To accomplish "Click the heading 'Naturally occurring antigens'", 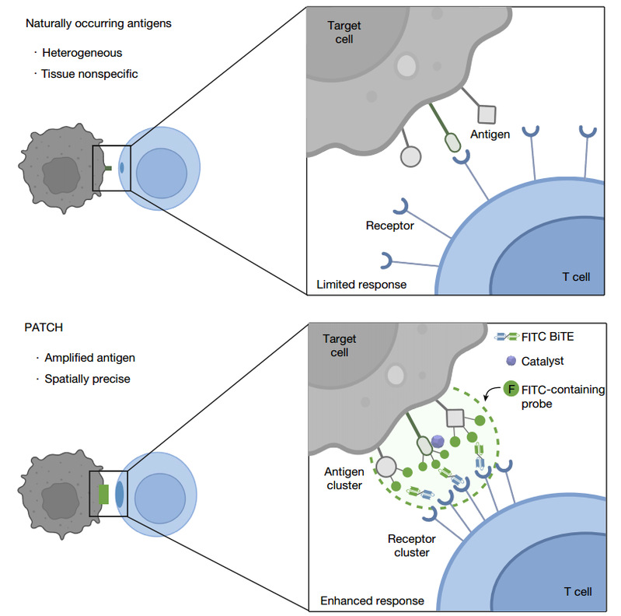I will point(99,23).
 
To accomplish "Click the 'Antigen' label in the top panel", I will point(490,135).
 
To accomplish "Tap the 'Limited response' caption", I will point(361,285).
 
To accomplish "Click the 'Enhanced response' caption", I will point(372,600).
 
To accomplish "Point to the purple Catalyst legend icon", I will point(511,361).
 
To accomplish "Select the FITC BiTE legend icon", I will point(509,337).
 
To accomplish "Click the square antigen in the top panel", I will point(486,114).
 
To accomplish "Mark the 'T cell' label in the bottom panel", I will point(577,592).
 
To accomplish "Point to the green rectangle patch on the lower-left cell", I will point(103,493).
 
